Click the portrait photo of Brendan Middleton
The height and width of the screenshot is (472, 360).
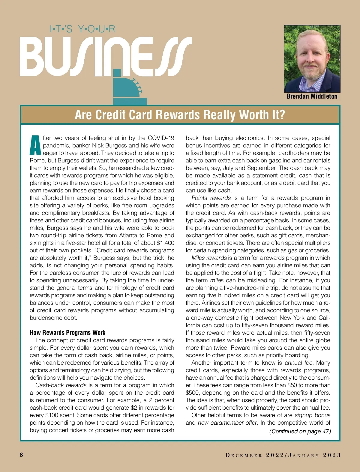click(x=312, y=58)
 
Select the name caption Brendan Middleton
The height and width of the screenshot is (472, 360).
click(x=312, y=96)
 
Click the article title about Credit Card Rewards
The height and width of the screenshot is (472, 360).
click(x=180, y=115)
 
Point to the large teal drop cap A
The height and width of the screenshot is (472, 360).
click(x=35, y=145)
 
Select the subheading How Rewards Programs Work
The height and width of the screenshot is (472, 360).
click(x=67, y=332)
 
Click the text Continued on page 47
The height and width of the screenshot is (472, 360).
click(x=300, y=431)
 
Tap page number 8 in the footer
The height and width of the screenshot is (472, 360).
click(x=21, y=455)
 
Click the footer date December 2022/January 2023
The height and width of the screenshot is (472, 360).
click(x=283, y=455)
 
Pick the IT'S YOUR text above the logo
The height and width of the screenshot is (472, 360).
click(x=82, y=29)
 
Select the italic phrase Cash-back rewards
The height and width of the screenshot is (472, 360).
click(x=61, y=385)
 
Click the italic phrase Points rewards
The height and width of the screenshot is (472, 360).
click(x=211, y=198)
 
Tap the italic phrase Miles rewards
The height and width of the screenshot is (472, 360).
click(x=209, y=258)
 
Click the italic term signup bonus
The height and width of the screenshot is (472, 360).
click(x=312, y=415)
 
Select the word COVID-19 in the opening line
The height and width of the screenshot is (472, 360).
click(x=161, y=138)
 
